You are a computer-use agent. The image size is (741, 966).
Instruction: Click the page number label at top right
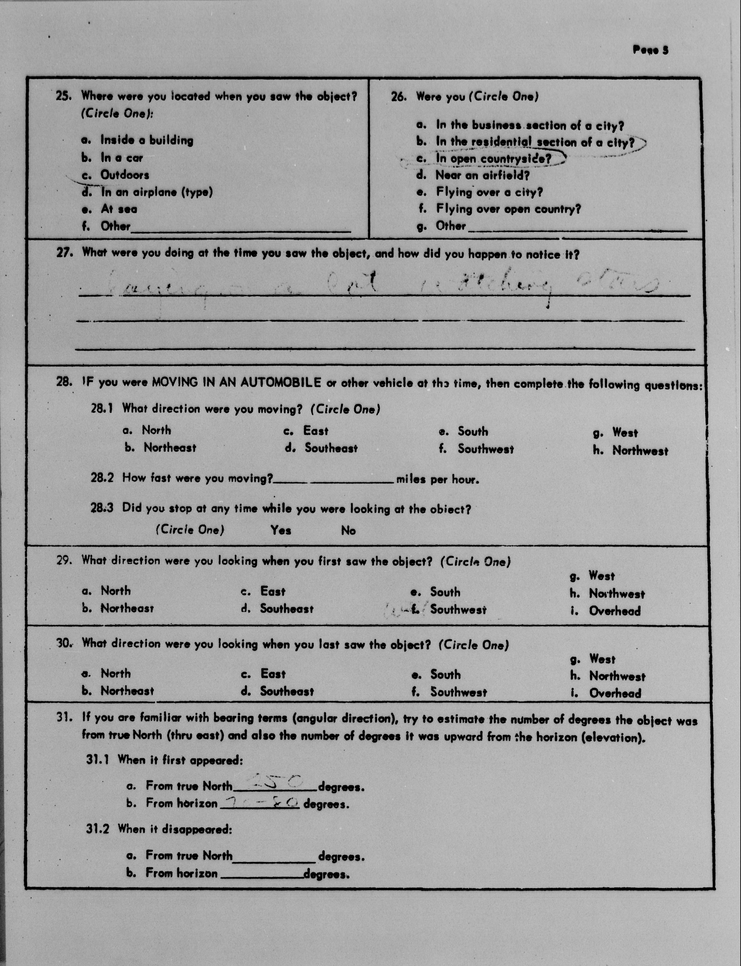[650, 50]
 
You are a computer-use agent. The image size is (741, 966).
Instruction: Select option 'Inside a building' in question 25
[146, 140]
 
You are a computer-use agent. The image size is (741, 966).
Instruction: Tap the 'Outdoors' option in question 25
[124, 175]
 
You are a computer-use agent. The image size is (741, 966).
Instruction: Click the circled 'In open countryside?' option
[493, 159]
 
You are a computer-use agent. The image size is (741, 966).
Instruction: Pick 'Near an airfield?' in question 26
[482, 175]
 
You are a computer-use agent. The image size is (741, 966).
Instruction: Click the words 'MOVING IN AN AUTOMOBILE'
[236, 382]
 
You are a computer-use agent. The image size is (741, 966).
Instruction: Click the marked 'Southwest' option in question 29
[458, 610]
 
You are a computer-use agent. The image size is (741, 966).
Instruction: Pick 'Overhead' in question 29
[614, 611]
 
